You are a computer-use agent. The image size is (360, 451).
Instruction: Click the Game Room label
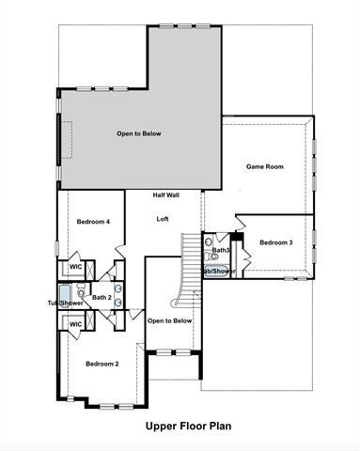265,166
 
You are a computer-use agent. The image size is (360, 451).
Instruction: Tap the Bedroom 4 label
94,222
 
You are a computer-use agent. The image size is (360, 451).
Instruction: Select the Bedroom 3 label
276,242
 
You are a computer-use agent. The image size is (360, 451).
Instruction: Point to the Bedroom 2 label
102,364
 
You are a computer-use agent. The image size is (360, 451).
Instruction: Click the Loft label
163,219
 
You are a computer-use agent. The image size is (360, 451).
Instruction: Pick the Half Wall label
166,194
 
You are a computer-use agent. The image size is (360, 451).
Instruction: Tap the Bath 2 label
102,297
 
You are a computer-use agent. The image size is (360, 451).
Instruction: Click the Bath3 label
221,251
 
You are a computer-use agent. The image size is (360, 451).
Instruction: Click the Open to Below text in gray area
139,133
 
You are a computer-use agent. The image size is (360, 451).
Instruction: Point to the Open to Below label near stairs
170,320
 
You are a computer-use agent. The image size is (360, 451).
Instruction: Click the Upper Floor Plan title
188,426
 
